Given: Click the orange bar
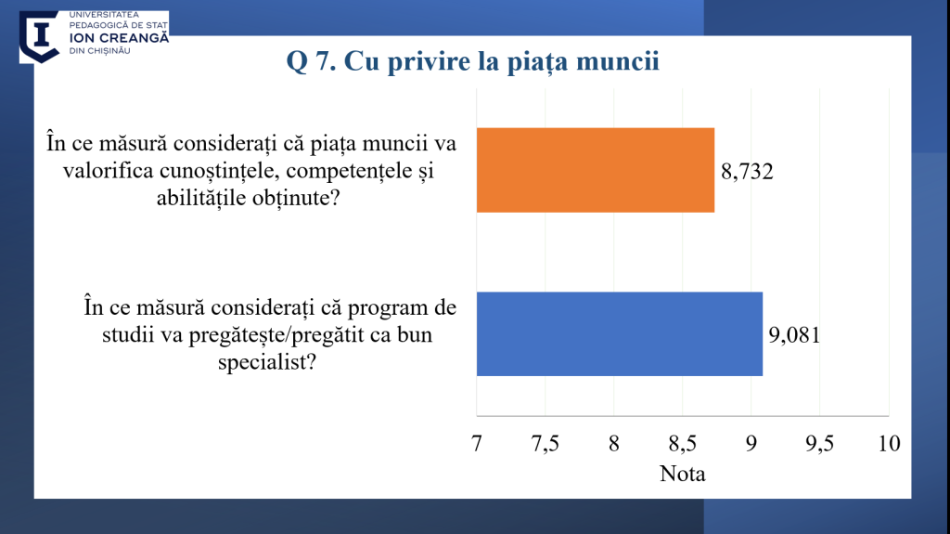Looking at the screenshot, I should (595, 170).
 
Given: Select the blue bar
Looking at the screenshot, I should (619, 334).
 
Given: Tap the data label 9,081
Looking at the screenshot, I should (796, 334).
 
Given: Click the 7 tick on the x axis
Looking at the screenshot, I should (477, 444).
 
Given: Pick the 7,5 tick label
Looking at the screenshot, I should (546, 444).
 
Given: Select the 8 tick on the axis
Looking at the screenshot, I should (614, 444).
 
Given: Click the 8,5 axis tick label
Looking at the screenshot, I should (683, 444).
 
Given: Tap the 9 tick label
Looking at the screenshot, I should (751, 444).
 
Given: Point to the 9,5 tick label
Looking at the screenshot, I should (820, 444).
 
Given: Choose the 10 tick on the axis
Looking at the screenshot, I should (889, 444).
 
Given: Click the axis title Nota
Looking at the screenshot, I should (683, 474).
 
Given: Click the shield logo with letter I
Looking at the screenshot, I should (39, 35).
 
